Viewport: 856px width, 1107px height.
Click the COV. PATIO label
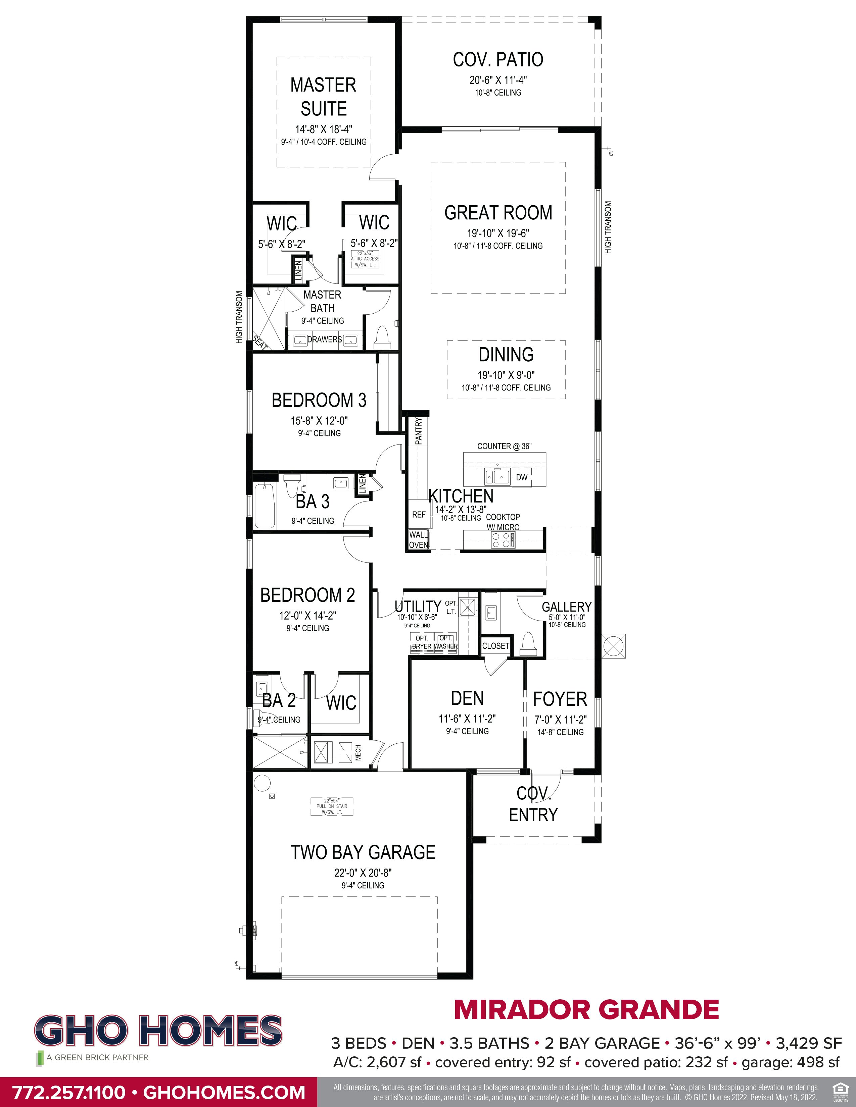(497, 60)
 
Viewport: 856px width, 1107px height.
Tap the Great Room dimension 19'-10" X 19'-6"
(497, 234)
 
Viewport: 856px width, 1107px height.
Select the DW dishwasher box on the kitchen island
(521, 477)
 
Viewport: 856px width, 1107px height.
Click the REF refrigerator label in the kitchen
(419, 515)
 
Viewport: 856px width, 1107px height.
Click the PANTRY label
(418, 431)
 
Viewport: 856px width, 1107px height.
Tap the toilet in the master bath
(381, 337)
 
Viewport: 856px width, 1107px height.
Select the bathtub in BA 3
(264, 506)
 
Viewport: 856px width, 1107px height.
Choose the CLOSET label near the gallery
(495, 646)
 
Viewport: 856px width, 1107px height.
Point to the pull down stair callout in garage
(332, 806)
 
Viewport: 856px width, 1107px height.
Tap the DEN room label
(467, 698)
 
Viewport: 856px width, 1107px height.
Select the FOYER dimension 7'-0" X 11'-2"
(560, 719)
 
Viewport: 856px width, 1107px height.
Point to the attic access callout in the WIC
(365, 259)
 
